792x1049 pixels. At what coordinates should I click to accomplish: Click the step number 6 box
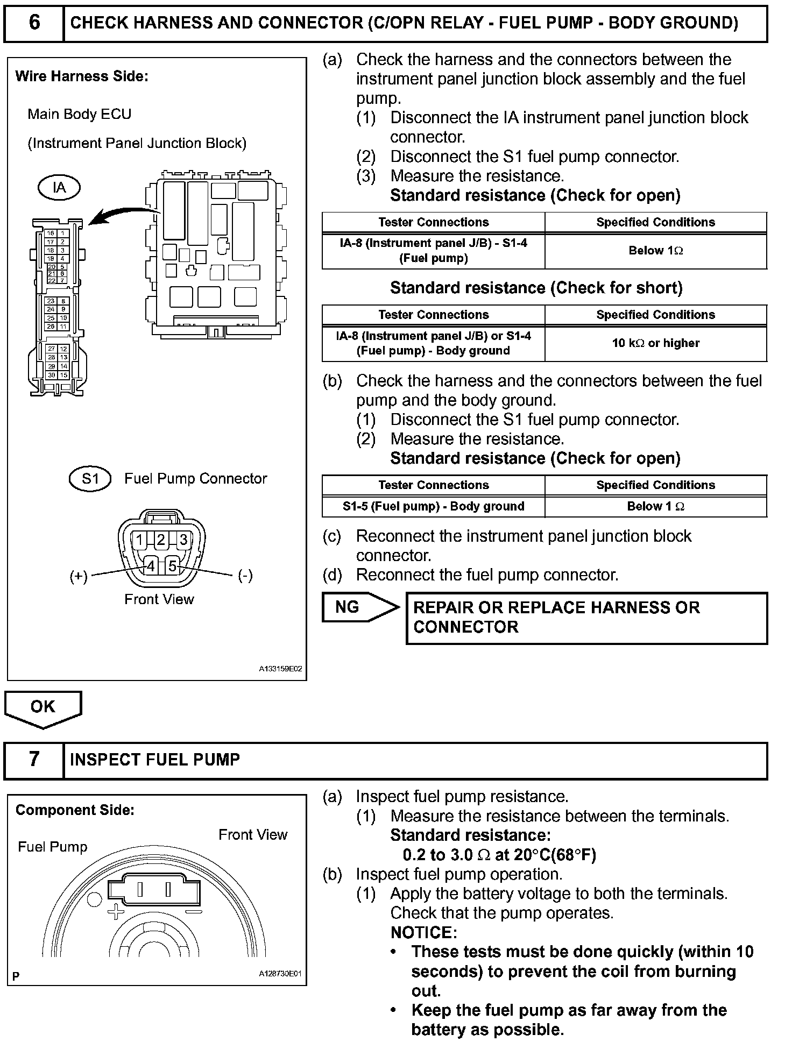pos(34,23)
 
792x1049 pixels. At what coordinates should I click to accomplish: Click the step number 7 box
pos(34,760)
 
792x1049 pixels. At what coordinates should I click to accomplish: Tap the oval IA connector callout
pos(59,188)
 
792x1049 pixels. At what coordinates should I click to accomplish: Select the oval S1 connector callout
pos(90,479)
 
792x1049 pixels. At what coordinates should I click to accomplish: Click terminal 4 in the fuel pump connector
pos(151,566)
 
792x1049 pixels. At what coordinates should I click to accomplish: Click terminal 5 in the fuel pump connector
pos(172,566)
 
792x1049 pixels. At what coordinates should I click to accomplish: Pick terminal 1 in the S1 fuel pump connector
pos(139,540)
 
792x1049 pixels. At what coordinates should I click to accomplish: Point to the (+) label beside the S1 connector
pos(79,576)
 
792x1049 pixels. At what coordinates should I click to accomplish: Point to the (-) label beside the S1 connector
pos(245,576)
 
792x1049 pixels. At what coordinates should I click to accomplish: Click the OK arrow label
pos(43,706)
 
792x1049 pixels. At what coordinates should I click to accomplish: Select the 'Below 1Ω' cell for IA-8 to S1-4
pos(655,251)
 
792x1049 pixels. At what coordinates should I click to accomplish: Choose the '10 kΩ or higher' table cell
pos(655,343)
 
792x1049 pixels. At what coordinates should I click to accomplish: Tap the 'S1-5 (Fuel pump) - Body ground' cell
pos(433,506)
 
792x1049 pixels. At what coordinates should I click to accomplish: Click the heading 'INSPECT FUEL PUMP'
pos(155,760)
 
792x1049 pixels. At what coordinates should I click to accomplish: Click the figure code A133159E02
pos(280,669)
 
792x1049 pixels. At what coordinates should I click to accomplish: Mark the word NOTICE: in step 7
pos(423,932)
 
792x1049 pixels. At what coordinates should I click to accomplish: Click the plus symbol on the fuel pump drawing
pos(115,911)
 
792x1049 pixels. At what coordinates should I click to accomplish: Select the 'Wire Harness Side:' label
pos(82,76)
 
